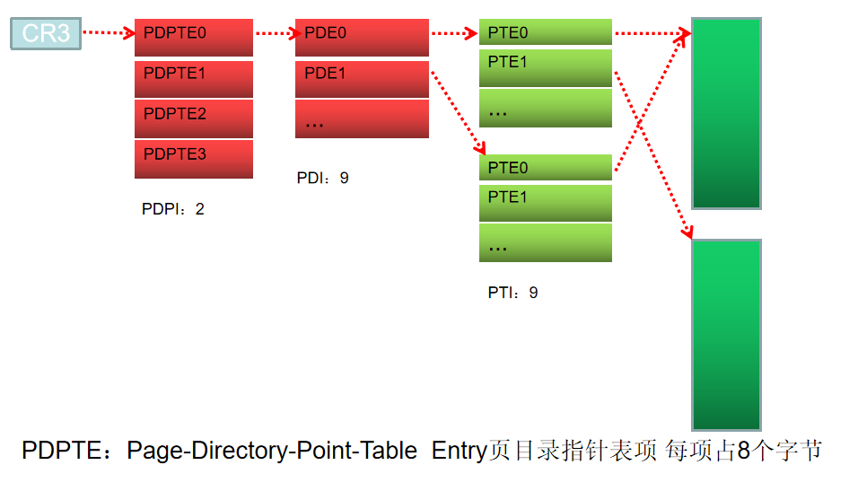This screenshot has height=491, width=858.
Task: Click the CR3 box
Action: pos(46,34)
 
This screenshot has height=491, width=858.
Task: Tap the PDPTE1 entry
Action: pos(194,78)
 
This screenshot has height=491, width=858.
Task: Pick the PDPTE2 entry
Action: pos(194,118)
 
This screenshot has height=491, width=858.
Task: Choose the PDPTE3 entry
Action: pos(194,159)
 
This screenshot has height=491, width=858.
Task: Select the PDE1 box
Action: pos(362,78)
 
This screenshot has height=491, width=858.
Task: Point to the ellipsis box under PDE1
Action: pos(362,118)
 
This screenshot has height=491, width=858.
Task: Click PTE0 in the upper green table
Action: pos(545,33)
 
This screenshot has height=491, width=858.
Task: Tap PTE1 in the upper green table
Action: pos(545,67)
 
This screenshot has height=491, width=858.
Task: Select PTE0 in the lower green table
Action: pos(545,168)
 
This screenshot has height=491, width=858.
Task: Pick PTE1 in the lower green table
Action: pos(545,202)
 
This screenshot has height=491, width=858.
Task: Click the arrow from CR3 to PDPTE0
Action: pos(108,34)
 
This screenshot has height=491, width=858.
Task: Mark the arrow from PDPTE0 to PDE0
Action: pos(275,34)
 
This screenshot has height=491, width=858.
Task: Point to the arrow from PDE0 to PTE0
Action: pos(453,34)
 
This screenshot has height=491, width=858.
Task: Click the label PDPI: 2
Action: pos(173,209)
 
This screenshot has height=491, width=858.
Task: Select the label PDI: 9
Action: pos(322,179)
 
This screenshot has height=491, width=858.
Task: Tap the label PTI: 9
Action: pos(512,293)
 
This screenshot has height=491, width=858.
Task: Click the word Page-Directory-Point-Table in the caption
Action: pos(272,451)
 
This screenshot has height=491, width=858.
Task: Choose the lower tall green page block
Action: pos(726,334)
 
